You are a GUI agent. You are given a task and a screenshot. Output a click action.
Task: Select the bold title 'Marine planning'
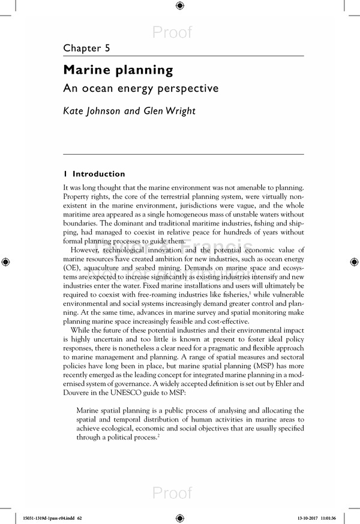(118, 70)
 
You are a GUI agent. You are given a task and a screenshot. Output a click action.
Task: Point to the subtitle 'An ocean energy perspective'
(141, 88)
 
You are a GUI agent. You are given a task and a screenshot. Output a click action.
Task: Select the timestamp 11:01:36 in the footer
(340, 516)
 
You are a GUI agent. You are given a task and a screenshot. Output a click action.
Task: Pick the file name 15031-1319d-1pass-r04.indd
(41, 516)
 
